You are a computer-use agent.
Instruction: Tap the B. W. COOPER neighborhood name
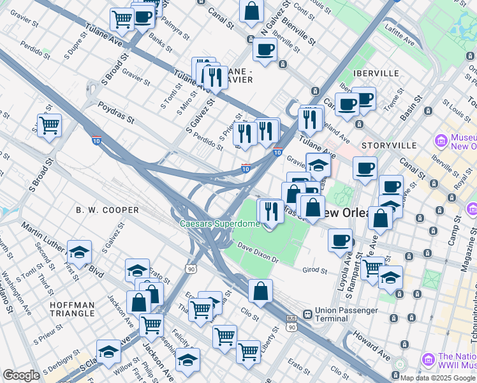pos(107,210)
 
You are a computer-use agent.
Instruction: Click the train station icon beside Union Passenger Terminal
pos(307,314)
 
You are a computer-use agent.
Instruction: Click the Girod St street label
pos(314,271)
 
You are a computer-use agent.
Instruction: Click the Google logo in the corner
pos(21,375)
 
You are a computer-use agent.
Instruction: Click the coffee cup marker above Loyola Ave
pos(341,240)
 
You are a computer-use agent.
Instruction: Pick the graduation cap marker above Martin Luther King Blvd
pos(80,252)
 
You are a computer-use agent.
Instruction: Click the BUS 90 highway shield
pos(291,322)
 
